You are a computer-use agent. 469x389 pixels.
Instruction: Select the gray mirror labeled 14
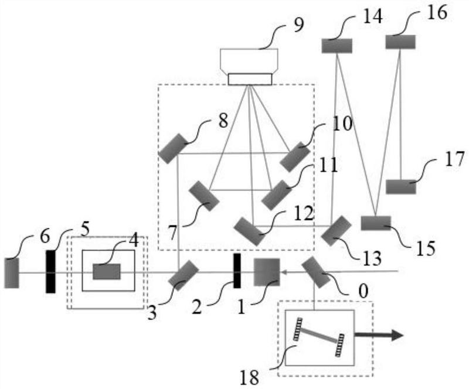337,45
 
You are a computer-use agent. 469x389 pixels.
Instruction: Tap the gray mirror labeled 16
400,42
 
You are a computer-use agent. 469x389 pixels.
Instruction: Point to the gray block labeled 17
401,187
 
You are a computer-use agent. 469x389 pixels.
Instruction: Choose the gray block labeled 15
376,223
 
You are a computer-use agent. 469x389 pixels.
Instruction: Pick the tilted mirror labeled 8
174,148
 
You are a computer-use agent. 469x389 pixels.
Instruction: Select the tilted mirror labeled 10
294,156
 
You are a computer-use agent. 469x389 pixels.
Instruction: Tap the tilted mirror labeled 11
276,195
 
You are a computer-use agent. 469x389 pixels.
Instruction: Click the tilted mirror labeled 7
204,196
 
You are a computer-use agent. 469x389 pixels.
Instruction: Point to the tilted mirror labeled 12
249,231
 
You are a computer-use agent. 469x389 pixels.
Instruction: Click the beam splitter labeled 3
183,274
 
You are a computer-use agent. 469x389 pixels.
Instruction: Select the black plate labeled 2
237,271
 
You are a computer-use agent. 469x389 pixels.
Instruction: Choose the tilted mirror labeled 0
316,272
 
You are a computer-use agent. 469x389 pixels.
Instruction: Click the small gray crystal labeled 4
107,272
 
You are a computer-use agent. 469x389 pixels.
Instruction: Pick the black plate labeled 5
50,271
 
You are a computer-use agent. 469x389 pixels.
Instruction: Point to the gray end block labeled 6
11,272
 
